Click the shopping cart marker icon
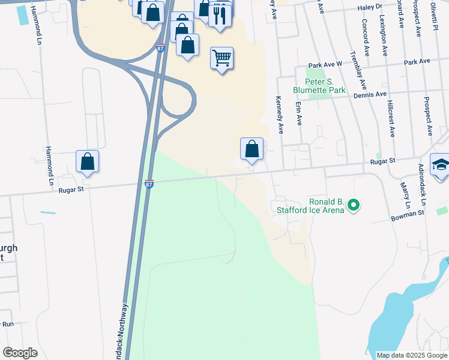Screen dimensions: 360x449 [221, 58]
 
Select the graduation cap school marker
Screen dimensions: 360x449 [441, 166]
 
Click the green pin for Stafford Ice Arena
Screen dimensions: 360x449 [354, 206]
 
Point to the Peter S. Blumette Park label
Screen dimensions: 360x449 [319, 86]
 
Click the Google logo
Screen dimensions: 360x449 [20, 353]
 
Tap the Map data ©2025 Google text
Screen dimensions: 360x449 [411, 355]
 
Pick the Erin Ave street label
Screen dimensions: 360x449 [298, 112]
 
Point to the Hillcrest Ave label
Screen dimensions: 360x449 [391, 119]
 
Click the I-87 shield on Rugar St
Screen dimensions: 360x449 [149, 184]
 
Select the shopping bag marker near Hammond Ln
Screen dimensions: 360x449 [87, 161]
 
